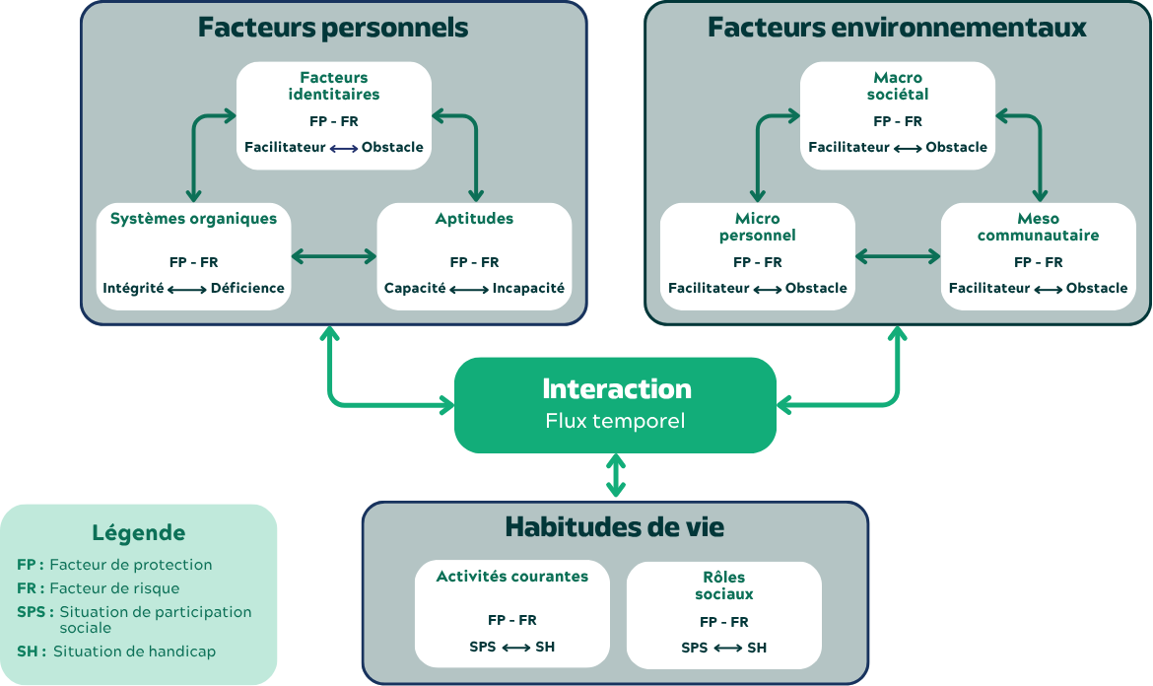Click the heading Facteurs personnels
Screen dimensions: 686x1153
point(333,28)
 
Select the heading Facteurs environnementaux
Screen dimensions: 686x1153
point(897,28)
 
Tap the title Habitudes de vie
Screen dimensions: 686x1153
point(615,527)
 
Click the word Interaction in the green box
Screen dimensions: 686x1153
point(617,388)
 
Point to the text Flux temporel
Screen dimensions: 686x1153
point(615,421)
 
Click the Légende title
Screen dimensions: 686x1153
point(139,533)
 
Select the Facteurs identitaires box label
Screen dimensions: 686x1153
point(334,86)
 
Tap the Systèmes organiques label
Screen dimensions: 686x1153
point(194,219)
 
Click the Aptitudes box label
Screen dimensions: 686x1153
point(474,219)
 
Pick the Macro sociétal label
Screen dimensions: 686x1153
point(898,86)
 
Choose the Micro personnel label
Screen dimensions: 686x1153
point(757,228)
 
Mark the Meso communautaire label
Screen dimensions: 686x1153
point(1038,228)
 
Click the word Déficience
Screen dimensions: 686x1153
point(247,289)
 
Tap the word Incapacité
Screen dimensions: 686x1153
point(528,289)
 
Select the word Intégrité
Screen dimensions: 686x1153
point(133,289)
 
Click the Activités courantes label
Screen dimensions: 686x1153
point(512,577)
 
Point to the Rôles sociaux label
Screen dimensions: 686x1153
point(724,585)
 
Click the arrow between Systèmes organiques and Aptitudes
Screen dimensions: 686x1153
point(334,257)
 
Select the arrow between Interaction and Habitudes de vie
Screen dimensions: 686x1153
point(616,476)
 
